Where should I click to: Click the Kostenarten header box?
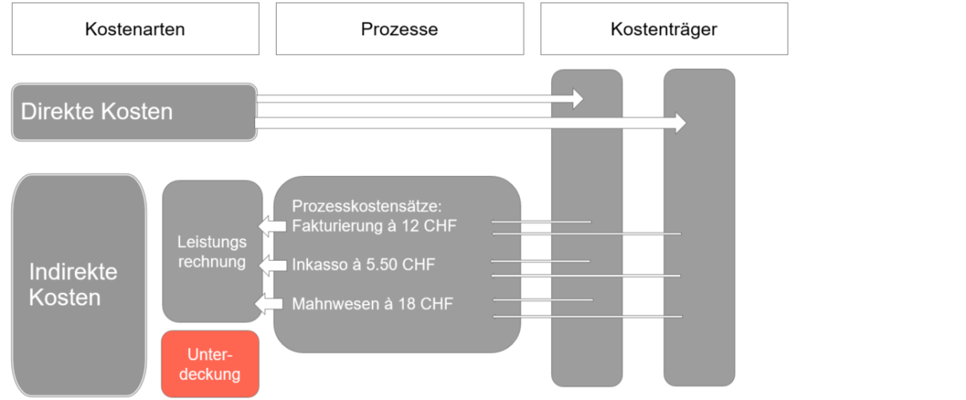click(135, 30)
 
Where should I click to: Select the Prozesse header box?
click(399, 30)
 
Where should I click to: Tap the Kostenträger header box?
click(664, 30)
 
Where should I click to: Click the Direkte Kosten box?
click(134, 112)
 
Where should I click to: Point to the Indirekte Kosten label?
click(73, 285)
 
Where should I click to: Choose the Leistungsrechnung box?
click(212, 251)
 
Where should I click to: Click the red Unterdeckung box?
click(210, 364)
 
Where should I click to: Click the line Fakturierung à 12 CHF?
click(374, 226)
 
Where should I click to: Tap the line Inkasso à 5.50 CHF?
click(363, 265)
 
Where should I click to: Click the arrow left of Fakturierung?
click(273, 226)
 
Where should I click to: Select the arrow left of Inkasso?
click(273, 265)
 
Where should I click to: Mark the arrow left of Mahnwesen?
click(269, 304)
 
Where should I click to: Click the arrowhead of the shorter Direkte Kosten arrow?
click(576, 98)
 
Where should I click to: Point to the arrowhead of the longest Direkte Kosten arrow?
click(678, 123)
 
